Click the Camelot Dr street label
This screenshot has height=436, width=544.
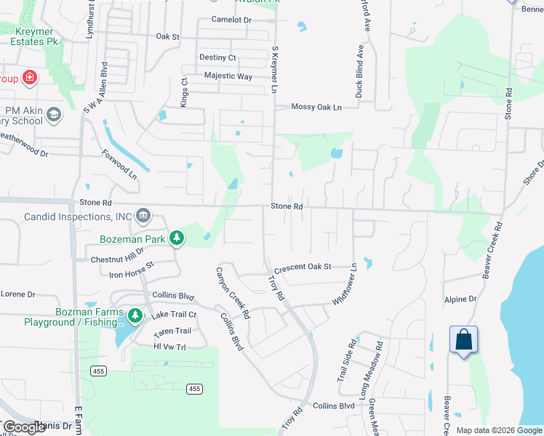[231, 20]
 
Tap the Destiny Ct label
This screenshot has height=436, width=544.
[217, 57]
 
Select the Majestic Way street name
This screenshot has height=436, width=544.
[228, 76]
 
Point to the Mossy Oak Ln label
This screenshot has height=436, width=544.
[316, 107]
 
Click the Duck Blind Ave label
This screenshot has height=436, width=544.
[359, 71]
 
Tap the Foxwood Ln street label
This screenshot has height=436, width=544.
[119, 165]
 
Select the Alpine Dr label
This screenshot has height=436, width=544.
[460, 299]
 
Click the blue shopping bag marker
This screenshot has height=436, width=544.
[464, 339]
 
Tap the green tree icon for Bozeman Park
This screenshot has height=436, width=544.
[176, 238]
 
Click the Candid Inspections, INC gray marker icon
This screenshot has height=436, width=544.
[143, 215]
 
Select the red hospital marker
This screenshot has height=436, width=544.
[30, 77]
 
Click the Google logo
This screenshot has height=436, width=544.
[25, 427]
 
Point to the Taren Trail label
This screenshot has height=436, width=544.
[172, 332]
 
